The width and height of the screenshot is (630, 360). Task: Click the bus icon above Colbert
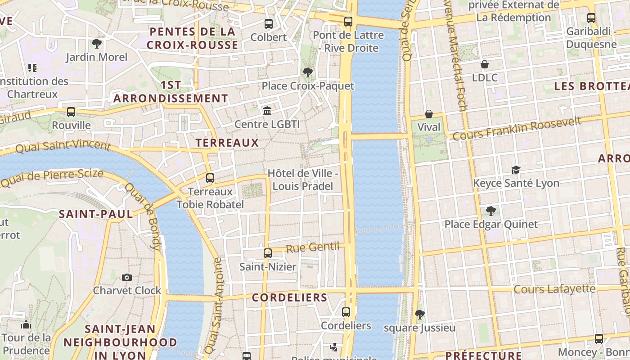pyautogui.click(x=269, y=24)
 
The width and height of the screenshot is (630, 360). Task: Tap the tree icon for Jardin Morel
pyautogui.click(x=96, y=44)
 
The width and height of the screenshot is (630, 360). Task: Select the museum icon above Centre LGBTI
pyautogui.click(x=267, y=111)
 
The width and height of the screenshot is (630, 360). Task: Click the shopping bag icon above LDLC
pyautogui.click(x=485, y=64)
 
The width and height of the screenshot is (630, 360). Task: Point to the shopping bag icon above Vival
pyautogui.click(x=429, y=114)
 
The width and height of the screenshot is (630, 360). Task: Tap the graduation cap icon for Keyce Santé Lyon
pyautogui.click(x=516, y=170)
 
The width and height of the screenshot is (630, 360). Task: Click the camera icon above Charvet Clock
pyautogui.click(x=127, y=277)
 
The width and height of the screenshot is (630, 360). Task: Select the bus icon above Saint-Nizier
pyautogui.click(x=268, y=253)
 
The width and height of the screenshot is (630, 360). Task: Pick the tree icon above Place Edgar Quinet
pyautogui.click(x=491, y=211)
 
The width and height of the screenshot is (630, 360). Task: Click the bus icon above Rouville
pyautogui.click(x=71, y=112)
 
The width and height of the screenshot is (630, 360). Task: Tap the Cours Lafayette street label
pyautogui.click(x=554, y=289)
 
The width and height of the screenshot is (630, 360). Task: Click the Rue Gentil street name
pyautogui.click(x=313, y=247)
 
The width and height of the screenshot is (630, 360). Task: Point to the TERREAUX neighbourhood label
pyautogui.click(x=227, y=143)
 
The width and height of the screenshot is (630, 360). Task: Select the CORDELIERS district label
pyautogui.click(x=289, y=297)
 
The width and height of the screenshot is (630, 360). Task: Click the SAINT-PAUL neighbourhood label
pyautogui.click(x=96, y=214)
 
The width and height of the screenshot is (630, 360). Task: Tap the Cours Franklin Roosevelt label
pyautogui.click(x=517, y=129)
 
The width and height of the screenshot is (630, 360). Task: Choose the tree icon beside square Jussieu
pyautogui.click(x=420, y=315)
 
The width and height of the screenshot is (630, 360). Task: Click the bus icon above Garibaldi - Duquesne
pyautogui.click(x=591, y=18)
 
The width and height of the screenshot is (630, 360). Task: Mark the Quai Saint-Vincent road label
pyautogui.click(x=63, y=146)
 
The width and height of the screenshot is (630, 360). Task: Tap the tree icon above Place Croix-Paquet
pyautogui.click(x=308, y=72)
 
